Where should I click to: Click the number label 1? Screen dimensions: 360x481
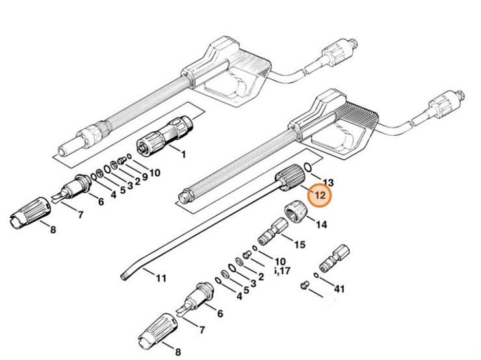click(x=183, y=155)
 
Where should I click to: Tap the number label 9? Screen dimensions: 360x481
click(x=145, y=178)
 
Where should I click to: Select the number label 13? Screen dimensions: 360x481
click(x=328, y=183)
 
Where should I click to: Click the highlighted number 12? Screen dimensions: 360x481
click(x=319, y=195)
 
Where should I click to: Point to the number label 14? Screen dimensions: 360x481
click(x=320, y=224)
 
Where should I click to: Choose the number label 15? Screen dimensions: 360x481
click(x=300, y=245)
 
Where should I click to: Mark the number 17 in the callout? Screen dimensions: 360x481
click(x=286, y=270)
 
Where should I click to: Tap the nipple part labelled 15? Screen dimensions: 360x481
click(x=270, y=231)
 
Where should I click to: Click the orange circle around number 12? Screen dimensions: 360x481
click(x=319, y=195)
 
